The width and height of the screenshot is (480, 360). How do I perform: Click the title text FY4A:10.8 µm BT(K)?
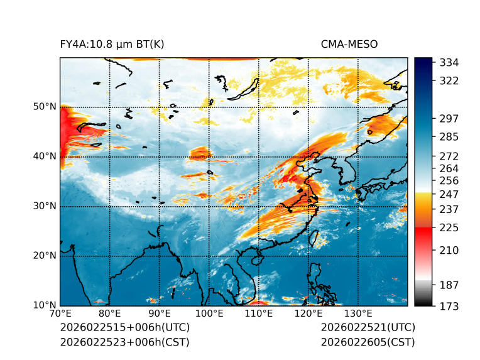[x=112, y=44]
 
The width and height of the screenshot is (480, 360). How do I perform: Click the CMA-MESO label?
[x=349, y=44]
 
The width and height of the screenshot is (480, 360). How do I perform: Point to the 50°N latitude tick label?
[x=45, y=107]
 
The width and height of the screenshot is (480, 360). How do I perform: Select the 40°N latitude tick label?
[x=45, y=156]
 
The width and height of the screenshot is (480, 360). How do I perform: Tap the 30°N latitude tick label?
[x=45, y=206]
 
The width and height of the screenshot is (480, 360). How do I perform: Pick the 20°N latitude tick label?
[x=45, y=256]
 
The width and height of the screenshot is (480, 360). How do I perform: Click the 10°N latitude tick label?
[x=45, y=305]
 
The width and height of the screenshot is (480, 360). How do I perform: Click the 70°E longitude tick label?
[x=60, y=314]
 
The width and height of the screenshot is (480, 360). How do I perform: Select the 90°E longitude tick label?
[x=160, y=314]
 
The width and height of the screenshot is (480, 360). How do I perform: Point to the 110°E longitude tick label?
[x=259, y=314]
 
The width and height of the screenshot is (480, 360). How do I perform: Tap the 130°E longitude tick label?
[x=358, y=314]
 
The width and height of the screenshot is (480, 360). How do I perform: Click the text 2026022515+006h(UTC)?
[x=124, y=327]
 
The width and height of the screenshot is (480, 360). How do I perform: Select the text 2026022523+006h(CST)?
[x=124, y=342]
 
